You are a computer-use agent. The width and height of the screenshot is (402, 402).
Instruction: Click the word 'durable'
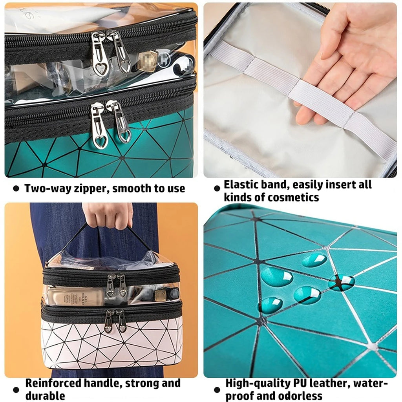(x=45, y=395)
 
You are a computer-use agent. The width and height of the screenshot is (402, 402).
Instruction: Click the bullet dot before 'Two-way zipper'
(x=16, y=189)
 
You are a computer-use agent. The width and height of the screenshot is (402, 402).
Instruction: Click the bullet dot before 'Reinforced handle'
(x=16, y=389)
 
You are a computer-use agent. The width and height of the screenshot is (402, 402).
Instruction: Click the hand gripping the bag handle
(x=108, y=214)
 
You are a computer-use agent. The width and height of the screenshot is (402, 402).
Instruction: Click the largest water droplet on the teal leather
(x=276, y=277)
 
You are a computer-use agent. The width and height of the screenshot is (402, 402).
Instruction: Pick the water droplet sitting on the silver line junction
(x=341, y=282)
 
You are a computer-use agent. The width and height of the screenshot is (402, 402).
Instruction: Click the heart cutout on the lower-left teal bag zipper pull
(x=100, y=141)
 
